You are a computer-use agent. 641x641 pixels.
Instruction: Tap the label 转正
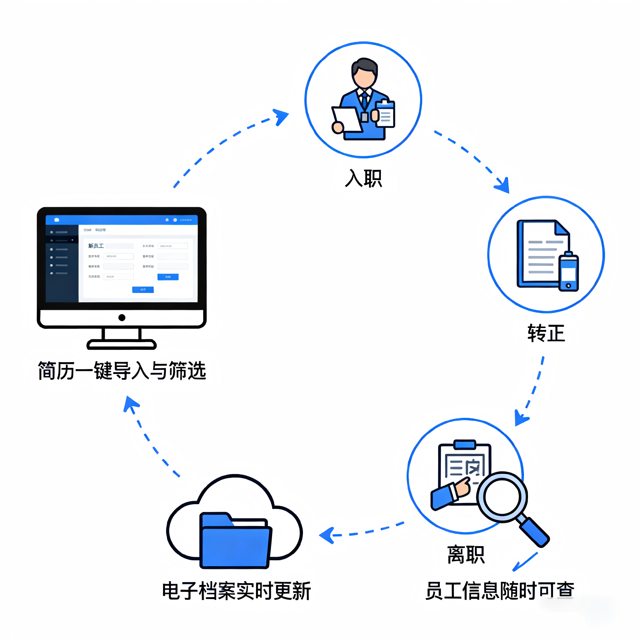click(546, 333)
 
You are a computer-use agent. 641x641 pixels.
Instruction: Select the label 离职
click(465, 554)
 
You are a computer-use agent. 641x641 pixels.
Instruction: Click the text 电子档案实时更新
click(236, 591)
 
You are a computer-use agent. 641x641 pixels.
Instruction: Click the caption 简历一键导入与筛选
click(122, 370)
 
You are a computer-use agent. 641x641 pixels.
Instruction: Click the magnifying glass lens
click(502, 497)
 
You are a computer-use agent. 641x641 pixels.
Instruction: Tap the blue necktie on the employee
click(365, 100)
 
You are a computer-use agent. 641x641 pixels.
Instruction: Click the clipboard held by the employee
click(386, 114)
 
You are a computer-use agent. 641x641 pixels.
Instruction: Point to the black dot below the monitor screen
click(122, 317)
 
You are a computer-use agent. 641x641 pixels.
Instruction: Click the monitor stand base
click(121, 344)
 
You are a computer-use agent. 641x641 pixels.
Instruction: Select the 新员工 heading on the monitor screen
click(96, 246)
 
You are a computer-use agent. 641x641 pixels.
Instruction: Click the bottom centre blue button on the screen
click(143, 290)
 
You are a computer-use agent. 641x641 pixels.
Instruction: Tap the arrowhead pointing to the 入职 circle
click(281, 116)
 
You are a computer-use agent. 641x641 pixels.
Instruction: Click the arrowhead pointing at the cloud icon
click(327, 535)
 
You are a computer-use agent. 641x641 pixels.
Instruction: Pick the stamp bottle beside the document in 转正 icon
click(569, 272)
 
